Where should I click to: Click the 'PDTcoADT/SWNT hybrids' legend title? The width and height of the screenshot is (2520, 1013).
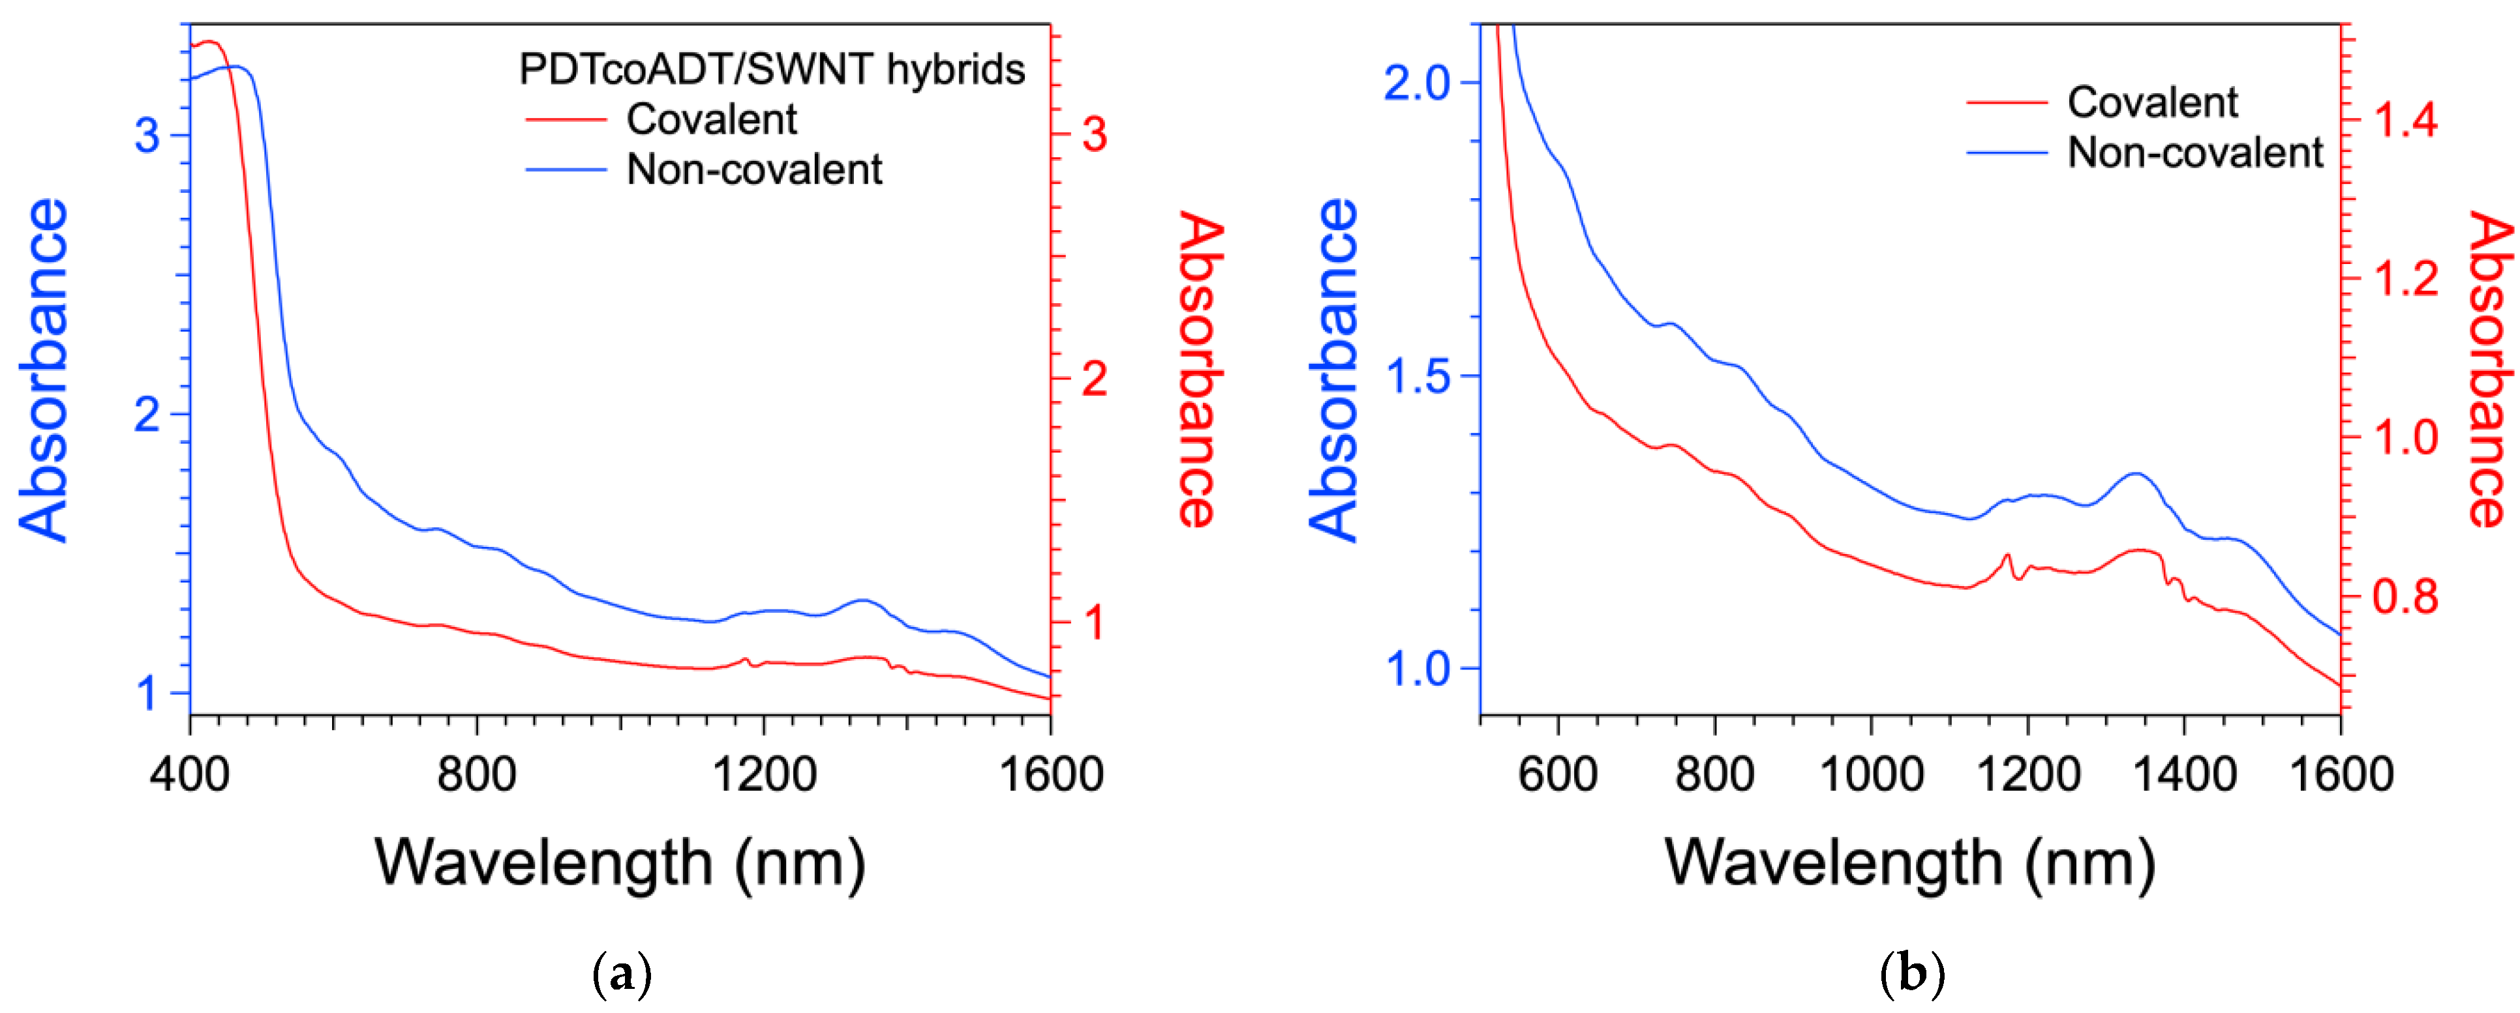[772, 69]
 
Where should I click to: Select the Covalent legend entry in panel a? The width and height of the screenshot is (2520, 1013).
[711, 119]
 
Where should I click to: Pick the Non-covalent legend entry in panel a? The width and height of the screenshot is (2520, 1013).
[753, 170]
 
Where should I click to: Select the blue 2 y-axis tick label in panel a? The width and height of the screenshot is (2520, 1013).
[147, 416]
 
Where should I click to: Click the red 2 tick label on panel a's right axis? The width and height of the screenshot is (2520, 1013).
[1095, 379]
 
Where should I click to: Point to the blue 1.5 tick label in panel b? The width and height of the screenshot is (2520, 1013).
[1416, 377]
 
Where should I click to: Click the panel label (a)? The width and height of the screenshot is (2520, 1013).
[622, 975]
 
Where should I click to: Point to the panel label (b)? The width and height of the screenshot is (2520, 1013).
[1911, 975]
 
